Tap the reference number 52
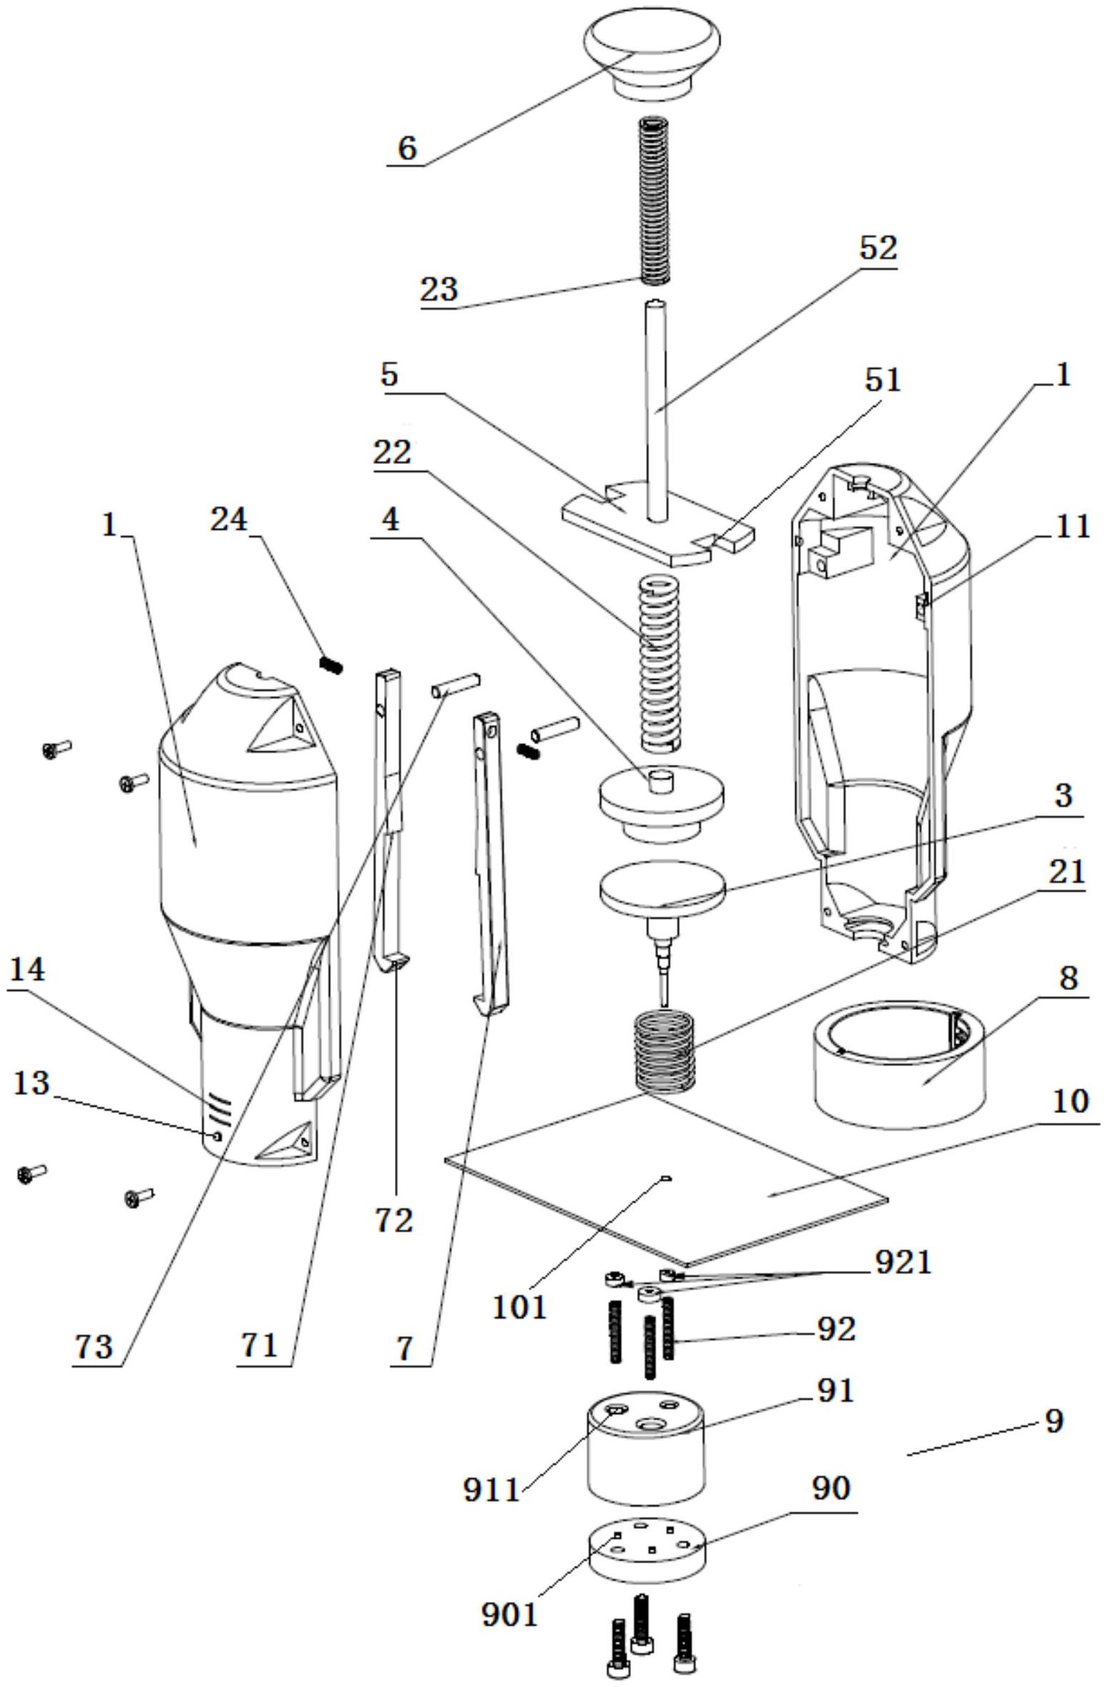(878, 248)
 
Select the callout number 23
(438, 290)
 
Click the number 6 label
(406, 149)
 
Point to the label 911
(491, 1490)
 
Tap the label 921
(903, 1262)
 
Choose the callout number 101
(519, 1307)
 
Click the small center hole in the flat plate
(666, 1177)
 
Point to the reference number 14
(27, 970)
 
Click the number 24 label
(229, 520)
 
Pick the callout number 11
(1071, 527)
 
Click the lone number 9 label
(1054, 1421)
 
